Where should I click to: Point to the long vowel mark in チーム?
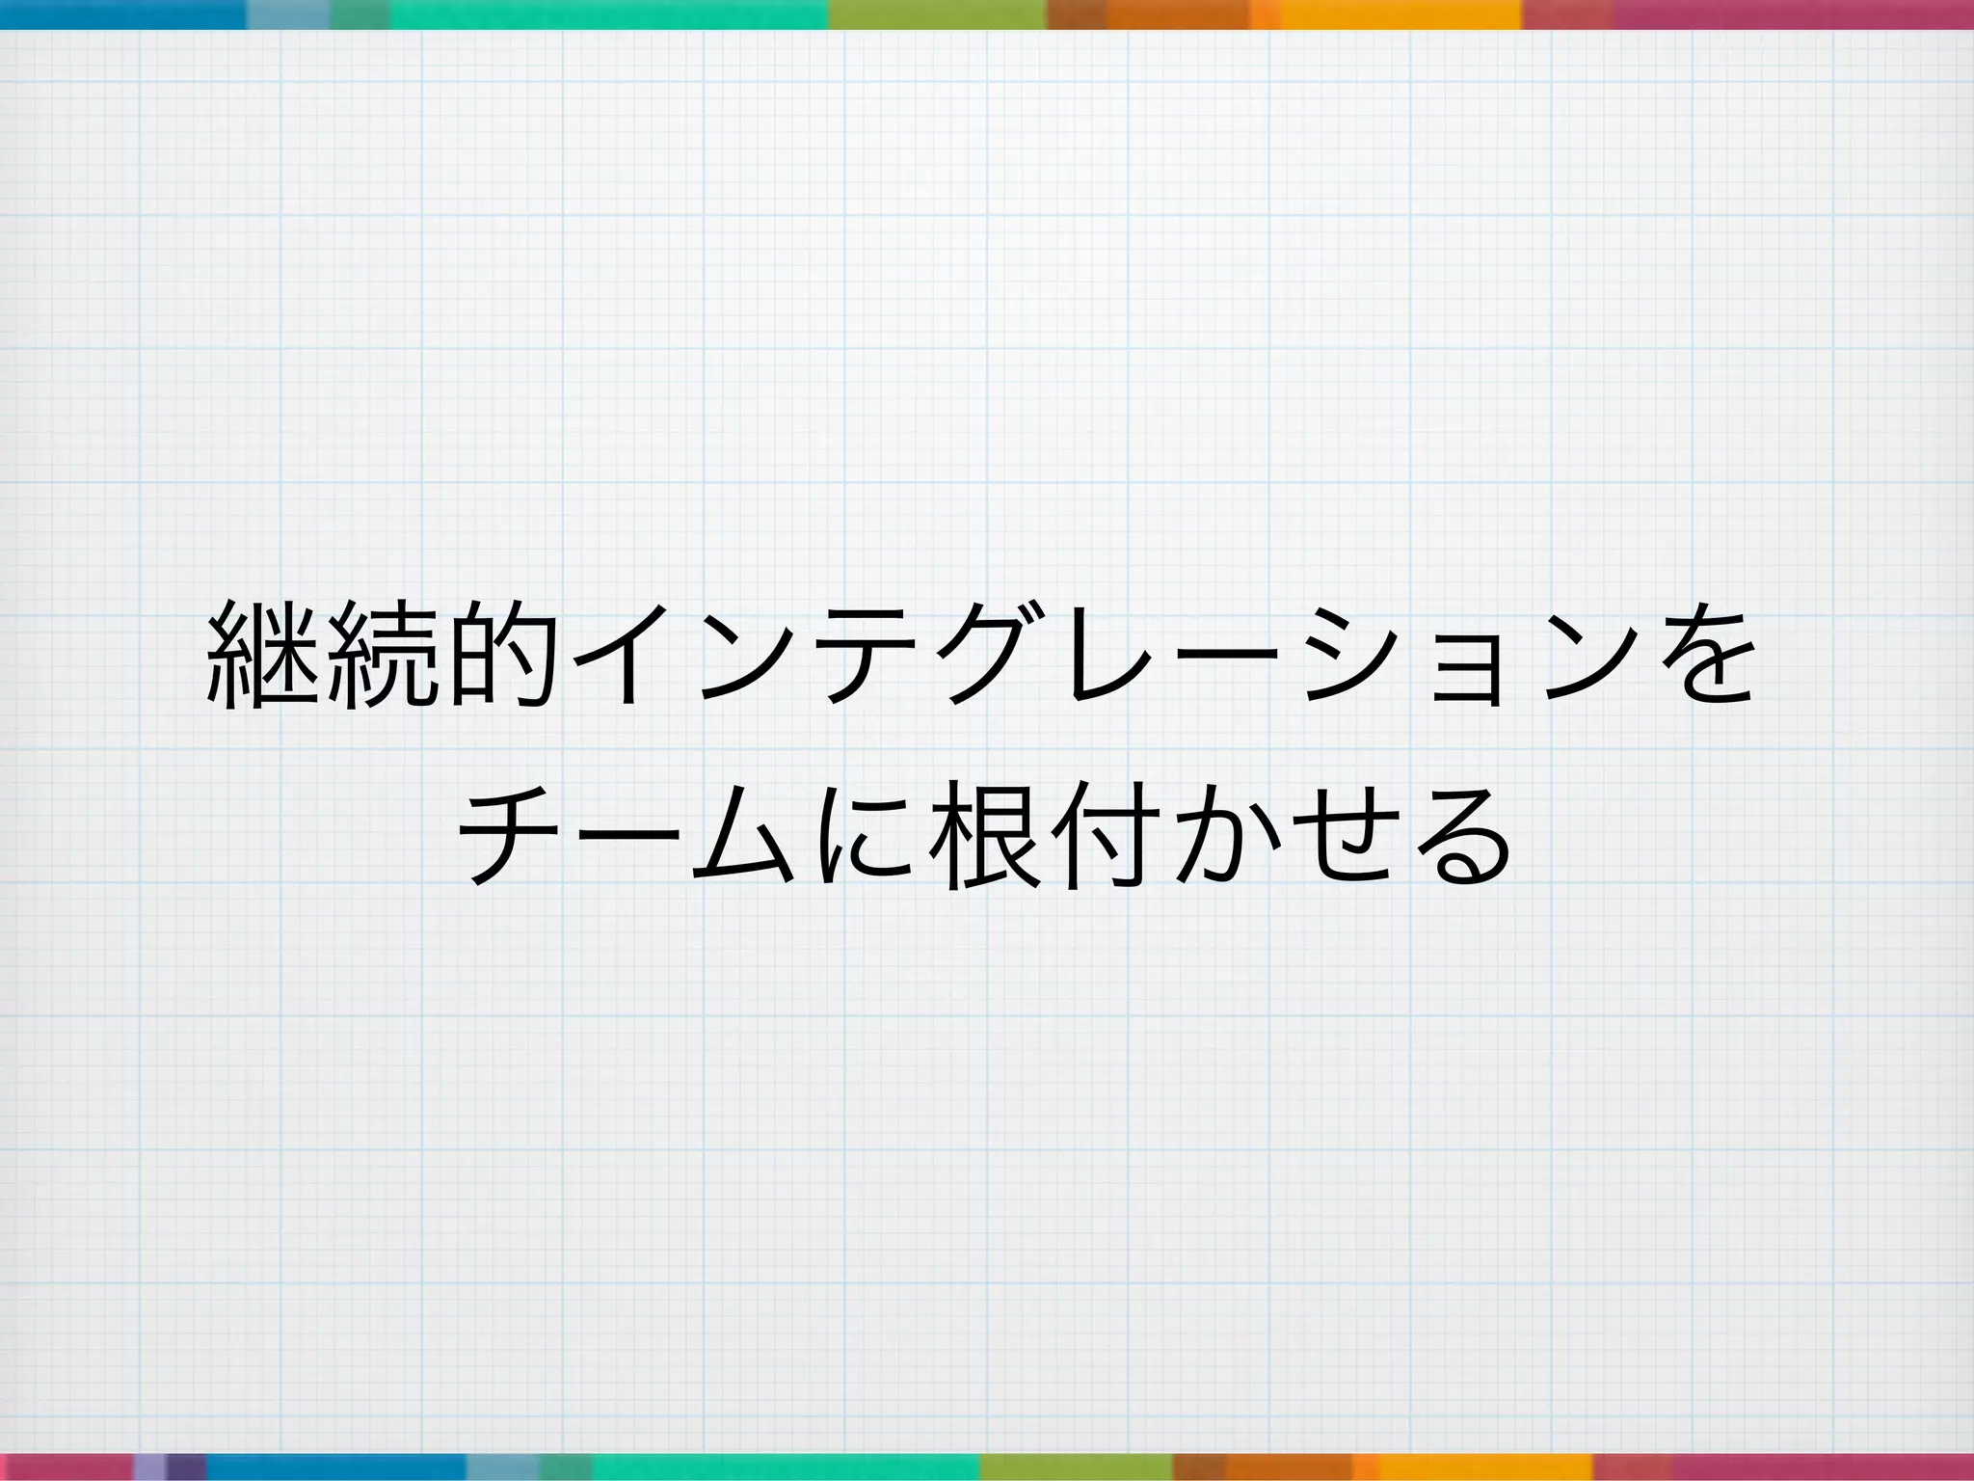tap(627, 835)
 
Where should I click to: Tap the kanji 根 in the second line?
tap(983, 835)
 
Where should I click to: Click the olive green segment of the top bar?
tap(937, 13)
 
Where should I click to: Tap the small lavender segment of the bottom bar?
tap(149, 1467)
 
